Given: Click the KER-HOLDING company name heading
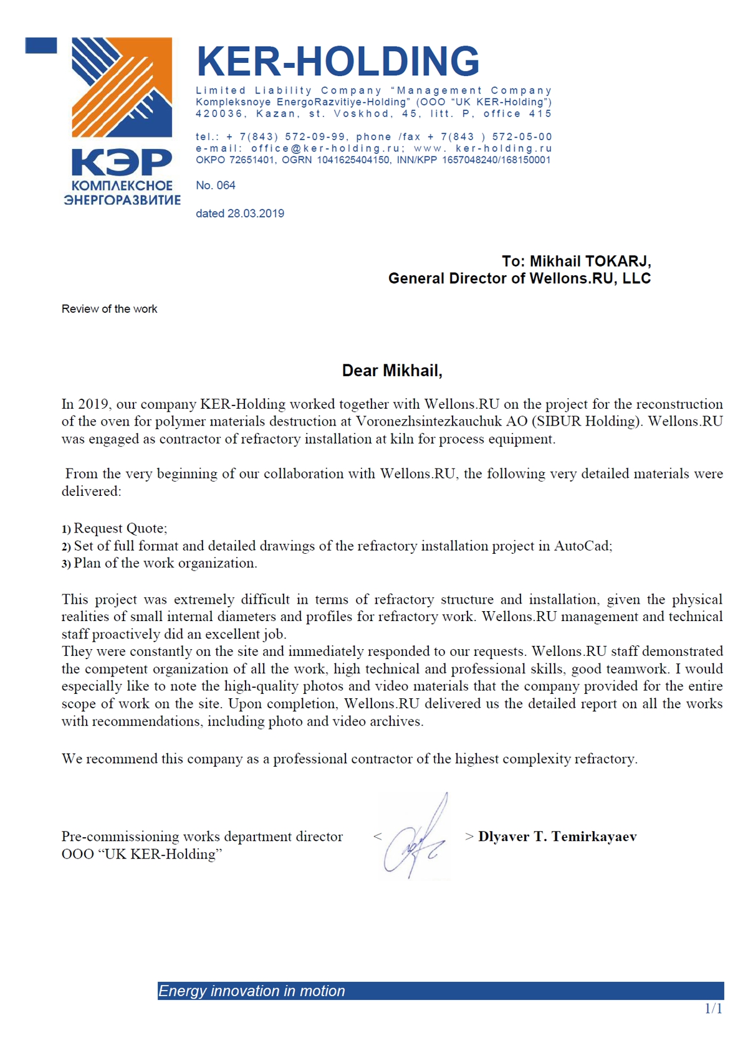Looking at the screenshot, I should tap(338, 61).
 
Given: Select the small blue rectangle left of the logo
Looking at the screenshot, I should tap(41, 45).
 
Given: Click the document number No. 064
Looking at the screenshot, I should tap(216, 185).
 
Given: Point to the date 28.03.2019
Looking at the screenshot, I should tap(256, 214).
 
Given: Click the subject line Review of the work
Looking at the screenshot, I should tap(109, 309).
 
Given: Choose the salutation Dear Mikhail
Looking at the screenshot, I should tap(392, 371).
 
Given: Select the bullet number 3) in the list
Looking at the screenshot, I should tap(66, 564).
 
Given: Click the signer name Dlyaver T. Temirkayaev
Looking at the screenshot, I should tap(557, 837).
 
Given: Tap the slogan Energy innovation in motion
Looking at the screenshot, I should tap(251, 991).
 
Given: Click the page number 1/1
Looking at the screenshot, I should tap(713, 1009).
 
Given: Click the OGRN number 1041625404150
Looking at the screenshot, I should tap(354, 160).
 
